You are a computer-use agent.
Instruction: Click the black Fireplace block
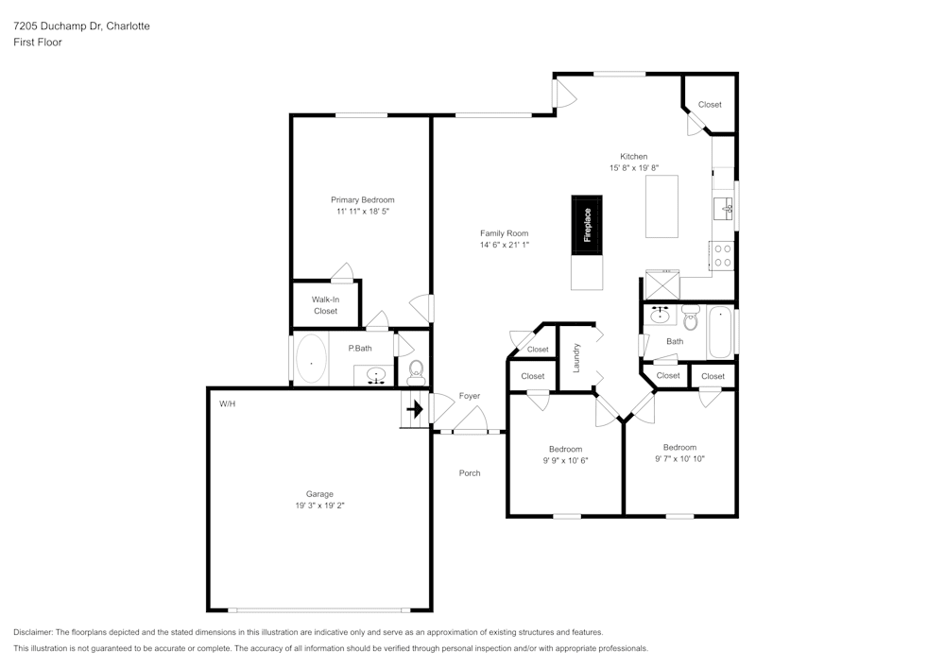(x=586, y=225)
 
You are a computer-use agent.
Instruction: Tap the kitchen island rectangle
(x=661, y=206)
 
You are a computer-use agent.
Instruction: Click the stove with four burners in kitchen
(x=723, y=256)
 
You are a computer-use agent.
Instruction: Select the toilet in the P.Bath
(x=416, y=371)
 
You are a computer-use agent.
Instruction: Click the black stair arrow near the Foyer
(x=414, y=410)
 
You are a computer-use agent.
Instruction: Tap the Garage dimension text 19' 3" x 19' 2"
(x=319, y=505)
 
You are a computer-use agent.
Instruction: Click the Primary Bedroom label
(x=362, y=199)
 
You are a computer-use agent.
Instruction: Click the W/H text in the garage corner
(x=227, y=403)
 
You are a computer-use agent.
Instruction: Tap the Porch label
(x=470, y=472)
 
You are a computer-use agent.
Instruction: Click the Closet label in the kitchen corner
(x=710, y=104)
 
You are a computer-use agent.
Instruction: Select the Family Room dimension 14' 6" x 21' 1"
(x=504, y=245)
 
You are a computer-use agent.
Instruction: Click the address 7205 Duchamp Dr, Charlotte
(x=81, y=26)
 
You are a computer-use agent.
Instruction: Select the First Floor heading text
(x=38, y=43)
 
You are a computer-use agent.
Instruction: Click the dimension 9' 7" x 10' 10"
(x=679, y=458)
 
